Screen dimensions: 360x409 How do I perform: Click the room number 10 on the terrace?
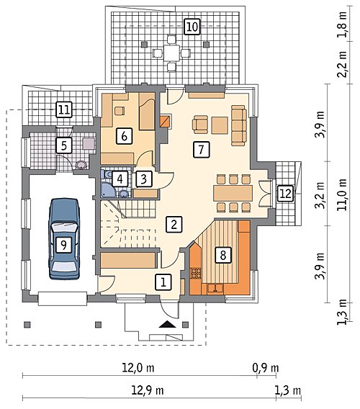(x=192, y=27)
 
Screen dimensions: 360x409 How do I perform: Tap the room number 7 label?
(x=201, y=150)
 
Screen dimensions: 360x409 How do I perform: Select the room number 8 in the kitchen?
(x=223, y=255)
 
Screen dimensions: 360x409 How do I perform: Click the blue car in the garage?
(x=63, y=239)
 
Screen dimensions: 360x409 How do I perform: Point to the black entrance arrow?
(x=167, y=324)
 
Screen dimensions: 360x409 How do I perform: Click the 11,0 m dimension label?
(x=342, y=194)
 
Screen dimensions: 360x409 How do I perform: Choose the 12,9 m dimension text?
(x=148, y=390)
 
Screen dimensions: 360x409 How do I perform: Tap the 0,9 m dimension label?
(x=266, y=368)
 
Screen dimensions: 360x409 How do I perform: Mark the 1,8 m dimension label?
(x=342, y=24)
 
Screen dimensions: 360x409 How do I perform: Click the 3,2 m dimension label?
(x=320, y=194)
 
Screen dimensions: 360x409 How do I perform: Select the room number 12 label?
(x=286, y=194)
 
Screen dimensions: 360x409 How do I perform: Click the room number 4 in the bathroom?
(x=120, y=179)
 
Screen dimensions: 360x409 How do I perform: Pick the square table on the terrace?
(x=171, y=53)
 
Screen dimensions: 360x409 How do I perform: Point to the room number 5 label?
(x=64, y=145)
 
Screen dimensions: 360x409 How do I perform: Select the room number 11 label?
(x=64, y=110)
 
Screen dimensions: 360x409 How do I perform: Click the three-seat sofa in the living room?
(x=239, y=125)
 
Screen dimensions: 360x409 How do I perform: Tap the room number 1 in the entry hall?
(x=163, y=282)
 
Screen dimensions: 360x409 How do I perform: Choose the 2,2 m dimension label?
(x=342, y=64)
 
